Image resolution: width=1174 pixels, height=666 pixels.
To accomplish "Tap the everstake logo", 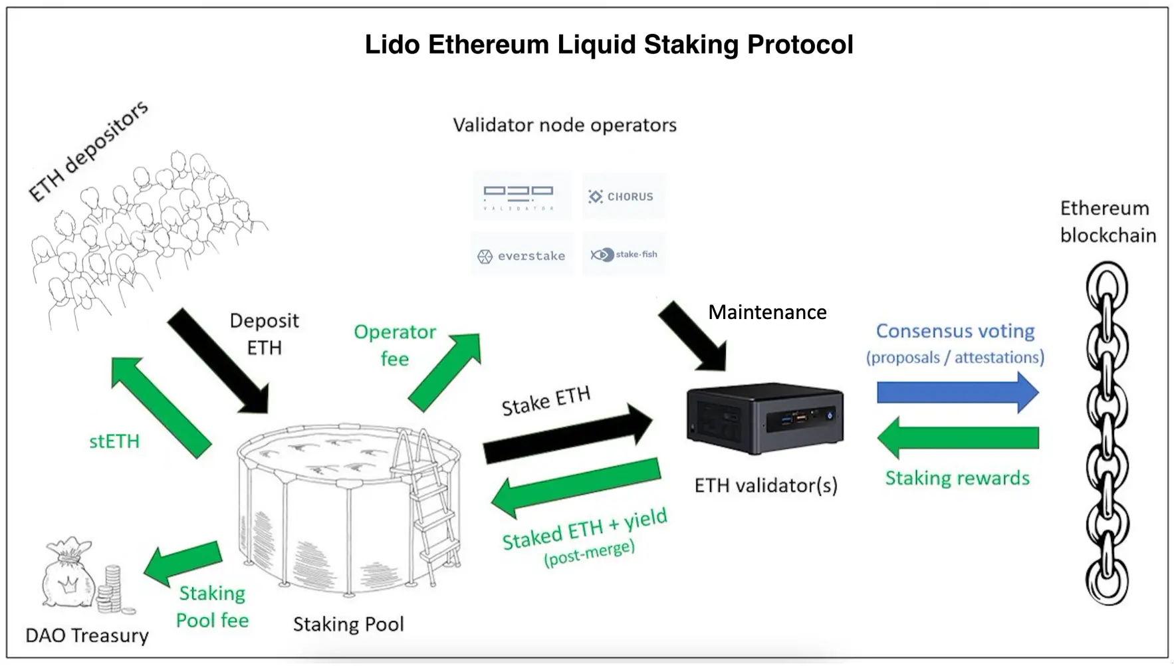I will (x=522, y=256).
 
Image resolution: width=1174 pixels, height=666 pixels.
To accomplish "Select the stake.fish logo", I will (x=624, y=255).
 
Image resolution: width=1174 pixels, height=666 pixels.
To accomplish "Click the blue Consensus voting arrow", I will (x=957, y=393).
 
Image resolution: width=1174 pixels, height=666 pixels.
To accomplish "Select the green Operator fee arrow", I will (x=444, y=372).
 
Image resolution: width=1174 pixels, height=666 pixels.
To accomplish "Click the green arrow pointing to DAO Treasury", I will (x=183, y=561).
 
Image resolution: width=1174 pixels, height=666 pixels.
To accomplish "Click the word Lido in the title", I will (x=392, y=45).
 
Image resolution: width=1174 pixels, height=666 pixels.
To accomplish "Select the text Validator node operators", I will (x=564, y=125).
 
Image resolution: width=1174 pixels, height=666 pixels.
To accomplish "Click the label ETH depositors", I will (x=88, y=151).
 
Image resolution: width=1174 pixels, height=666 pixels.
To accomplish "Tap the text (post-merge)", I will (x=589, y=552).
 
